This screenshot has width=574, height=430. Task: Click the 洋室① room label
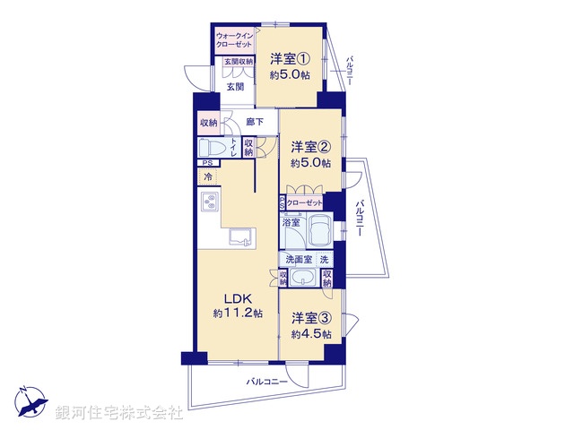(x=291, y=59)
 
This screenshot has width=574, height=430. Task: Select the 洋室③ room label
(x=310, y=318)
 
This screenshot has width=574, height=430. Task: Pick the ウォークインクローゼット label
(x=233, y=39)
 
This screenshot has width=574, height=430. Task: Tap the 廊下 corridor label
(x=254, y=121)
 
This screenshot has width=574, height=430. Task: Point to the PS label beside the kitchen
(x=206, y=163)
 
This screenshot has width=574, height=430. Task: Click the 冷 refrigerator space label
(x=208, y=177)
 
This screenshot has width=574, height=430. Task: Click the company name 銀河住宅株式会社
(x=119, y=413)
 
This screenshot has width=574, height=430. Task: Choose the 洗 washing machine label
(x=324, y=259)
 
